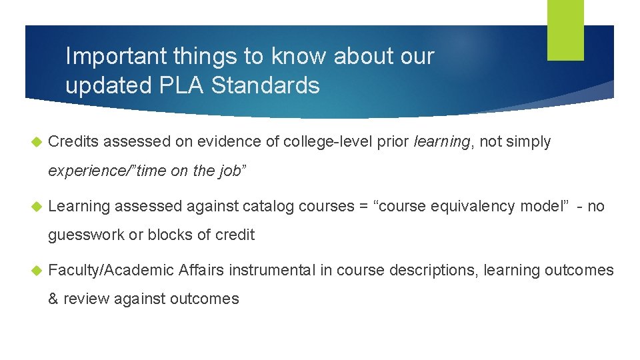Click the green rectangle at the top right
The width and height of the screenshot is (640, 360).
tap(565, 30)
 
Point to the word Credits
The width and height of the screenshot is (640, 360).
tap(73, 141)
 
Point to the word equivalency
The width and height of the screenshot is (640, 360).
tap(466, 206)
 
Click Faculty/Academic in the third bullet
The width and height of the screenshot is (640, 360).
tap(111, 270)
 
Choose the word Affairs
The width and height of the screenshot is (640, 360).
tap(201, 270)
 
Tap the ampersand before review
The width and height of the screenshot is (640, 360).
tap(53, 299)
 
